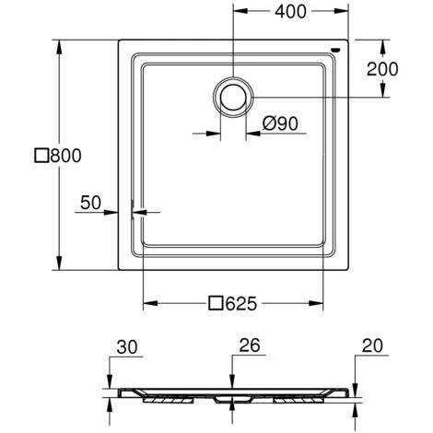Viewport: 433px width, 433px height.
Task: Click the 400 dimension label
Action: (290, 12)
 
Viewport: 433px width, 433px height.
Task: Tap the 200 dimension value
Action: (382, 69)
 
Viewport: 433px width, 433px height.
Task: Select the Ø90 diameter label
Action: (280, 123)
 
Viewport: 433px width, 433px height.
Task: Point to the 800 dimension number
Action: (65, 156)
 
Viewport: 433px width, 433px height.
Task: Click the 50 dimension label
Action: (90, 203)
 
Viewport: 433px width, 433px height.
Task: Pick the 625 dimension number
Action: (240, 304)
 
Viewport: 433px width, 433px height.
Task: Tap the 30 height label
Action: (127, 347)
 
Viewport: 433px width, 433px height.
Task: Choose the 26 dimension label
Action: (250, 345)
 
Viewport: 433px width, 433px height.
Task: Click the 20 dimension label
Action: (372, 345)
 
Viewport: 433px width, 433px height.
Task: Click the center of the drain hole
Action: (233, 98)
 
